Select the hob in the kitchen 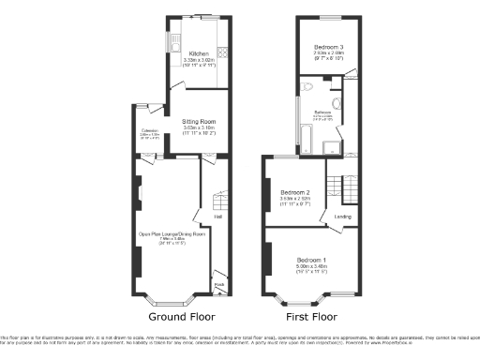tap(222, 52)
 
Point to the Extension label tap(148, 131)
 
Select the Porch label tap(219, 286)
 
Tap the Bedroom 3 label tap(327, 48)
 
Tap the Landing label tap(342, 217)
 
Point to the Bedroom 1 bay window tap(301, 299)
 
